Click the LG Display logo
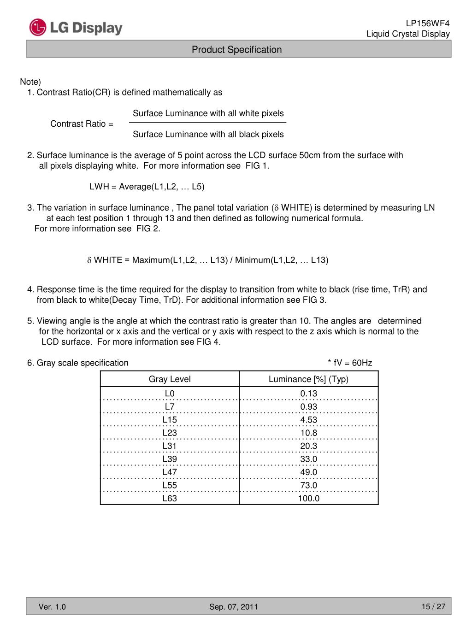click(76, 28)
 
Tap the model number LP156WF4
click(427, 24)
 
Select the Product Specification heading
click(236, 50)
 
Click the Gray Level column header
click(170, 379)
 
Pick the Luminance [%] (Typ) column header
click(308, 379)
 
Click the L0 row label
click(170, 394)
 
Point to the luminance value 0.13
click(308, 394)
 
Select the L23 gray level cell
click(170, 433)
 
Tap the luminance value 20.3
click(308, 446)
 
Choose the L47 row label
click(170, 472)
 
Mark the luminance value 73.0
click(308, 485)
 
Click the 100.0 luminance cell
click(308, 499)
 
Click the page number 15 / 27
click(433, 606)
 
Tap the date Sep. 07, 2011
click(234, 607)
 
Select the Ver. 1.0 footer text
click(52, 607)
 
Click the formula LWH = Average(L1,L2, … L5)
click(147, 187)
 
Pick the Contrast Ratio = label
click(82, 124)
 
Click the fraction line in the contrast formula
click(207, 123)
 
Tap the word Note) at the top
click(30, 82)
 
